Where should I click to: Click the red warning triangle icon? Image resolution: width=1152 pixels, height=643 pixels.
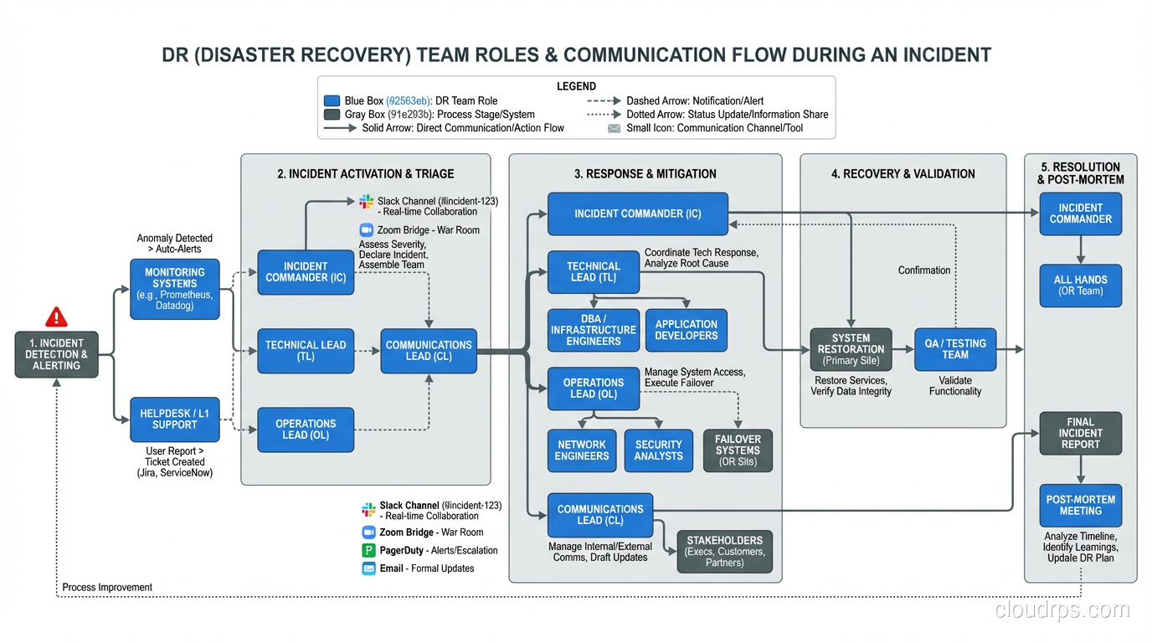(x=56, y=317)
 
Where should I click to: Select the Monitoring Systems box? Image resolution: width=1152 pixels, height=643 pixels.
(x=175, y=289)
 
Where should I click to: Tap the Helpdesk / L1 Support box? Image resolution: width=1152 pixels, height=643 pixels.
(x=175, y=419)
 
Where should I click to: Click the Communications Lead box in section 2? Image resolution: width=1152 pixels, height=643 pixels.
(x=429, y=351)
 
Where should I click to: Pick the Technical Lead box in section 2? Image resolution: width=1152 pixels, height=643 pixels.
(x=306, y=351)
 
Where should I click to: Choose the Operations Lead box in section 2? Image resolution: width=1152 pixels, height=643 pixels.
(x=306, y=430)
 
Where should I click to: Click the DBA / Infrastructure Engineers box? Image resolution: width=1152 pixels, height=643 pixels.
(x=593, y=330)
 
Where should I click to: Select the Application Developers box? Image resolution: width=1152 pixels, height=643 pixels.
(x=686, y=330)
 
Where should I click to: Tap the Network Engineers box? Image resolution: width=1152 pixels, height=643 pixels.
(x=581, y=450)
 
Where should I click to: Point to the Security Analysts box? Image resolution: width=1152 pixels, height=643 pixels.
(x=658, y=450)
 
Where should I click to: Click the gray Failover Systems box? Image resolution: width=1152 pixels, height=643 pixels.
(x=737, y=450)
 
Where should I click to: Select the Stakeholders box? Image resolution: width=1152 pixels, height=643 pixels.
(x=724, y=552)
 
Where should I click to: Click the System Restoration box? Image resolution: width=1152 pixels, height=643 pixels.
(x=851, y=349)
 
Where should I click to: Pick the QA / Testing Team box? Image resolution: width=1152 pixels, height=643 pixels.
(x=955, y=349)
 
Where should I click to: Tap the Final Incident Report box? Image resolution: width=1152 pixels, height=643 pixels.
(x=1080, y=434)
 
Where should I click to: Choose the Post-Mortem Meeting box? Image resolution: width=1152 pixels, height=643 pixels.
(x=1080, y=505)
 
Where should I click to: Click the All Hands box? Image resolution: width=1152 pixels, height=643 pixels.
(x=1080, y=285)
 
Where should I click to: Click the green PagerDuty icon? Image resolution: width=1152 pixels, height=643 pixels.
(x=368, y=550)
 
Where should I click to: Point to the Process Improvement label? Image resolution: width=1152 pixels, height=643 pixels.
(x=107, y=588)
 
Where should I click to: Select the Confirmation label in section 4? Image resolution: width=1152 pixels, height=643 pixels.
(x=924, y=270)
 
